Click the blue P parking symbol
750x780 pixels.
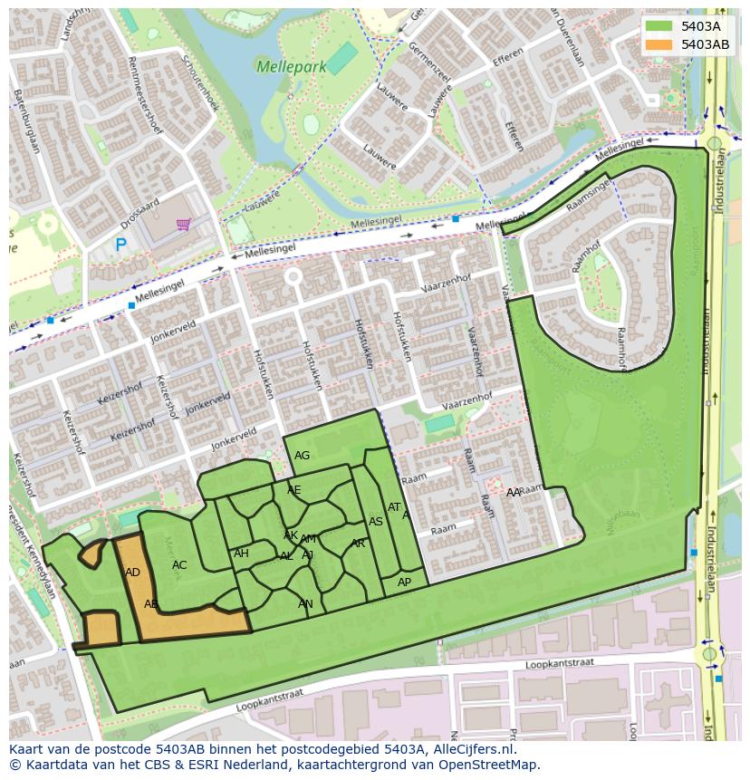click(120, 245)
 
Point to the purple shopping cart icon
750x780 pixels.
click(183, 224)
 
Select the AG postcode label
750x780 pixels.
click(303, 456)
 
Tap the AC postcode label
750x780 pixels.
click(179, 565)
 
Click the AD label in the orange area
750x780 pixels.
click(132, 573)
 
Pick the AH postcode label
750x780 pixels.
click(241, 554)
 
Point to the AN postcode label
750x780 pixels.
click(305, 604)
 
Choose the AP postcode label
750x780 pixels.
click(404, 583)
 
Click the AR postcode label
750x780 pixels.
click(358, 544)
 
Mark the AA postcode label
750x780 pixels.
click(514, 492)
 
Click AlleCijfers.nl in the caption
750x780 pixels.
click(470, 749)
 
